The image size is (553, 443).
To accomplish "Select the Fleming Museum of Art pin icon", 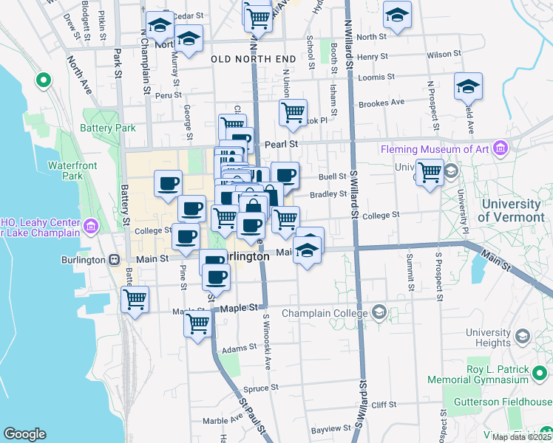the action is point(501,148).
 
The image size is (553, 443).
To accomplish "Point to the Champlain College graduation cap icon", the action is point(379,311).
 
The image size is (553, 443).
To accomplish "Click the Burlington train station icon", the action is point(115,260).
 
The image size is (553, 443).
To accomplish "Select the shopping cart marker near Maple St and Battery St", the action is point(135,300).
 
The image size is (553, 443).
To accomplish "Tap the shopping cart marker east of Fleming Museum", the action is point(430,173).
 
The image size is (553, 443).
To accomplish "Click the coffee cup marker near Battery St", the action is point(168,182).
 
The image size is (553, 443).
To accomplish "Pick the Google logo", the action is point(24,434).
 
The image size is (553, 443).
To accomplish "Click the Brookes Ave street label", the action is point(381,103).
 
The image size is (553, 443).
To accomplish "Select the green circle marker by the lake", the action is point(42,79).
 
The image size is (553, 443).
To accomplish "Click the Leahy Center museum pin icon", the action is point(91,225).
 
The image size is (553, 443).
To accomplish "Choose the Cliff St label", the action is point(384,405).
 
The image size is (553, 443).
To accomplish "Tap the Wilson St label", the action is point(444,54).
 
